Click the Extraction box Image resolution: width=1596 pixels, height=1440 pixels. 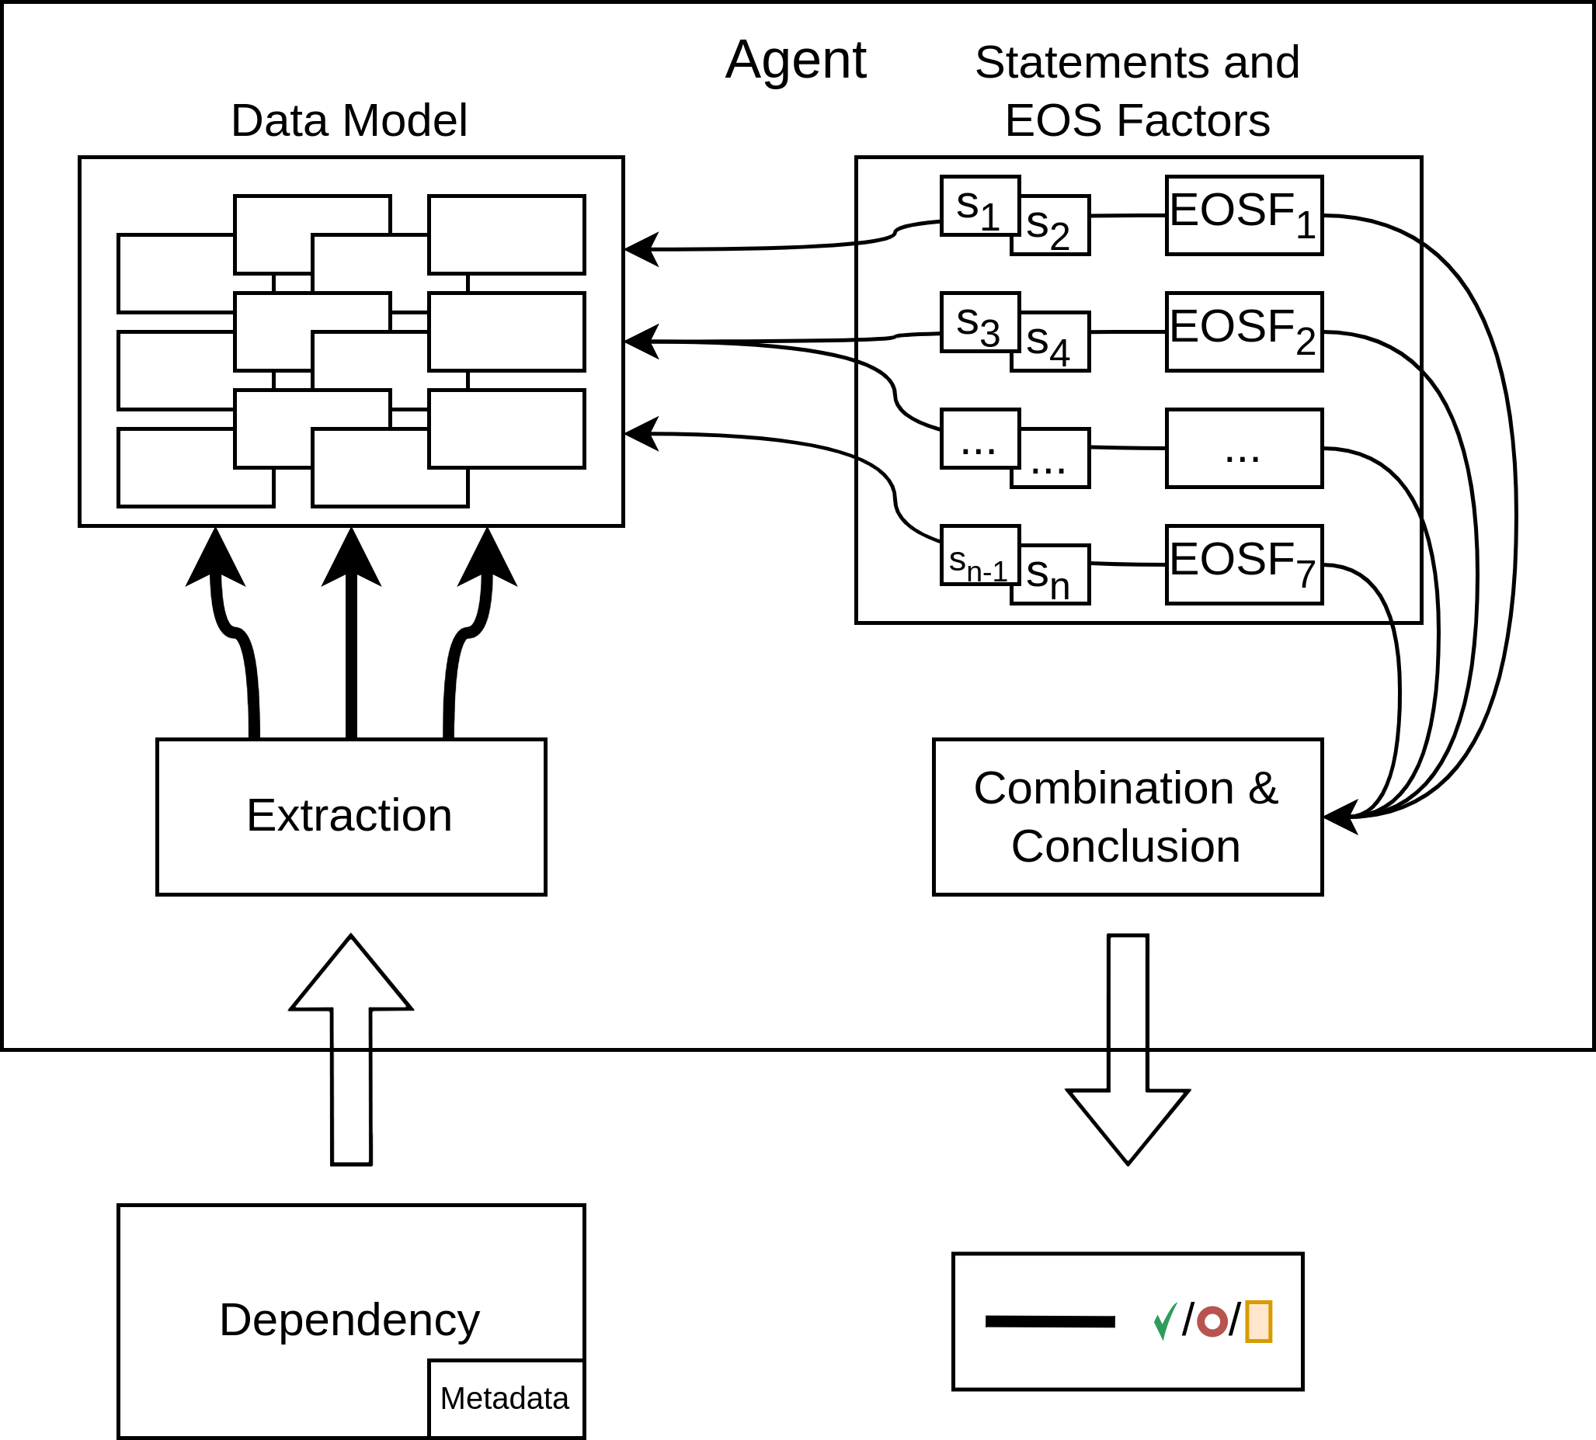coord(352,817)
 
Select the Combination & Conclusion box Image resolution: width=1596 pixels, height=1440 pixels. coord(1128,817)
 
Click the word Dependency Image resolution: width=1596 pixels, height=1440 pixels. coord(350,1320)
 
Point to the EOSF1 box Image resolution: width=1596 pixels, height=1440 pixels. coord(1244,215)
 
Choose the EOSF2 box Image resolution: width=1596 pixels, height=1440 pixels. coord(1244,332)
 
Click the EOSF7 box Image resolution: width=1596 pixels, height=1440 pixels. coord(1244,565)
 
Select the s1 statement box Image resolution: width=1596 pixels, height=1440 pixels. coord(980,206)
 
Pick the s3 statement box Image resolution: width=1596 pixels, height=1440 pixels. coord(980,322)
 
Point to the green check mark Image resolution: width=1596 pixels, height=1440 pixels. coord(1165,1321)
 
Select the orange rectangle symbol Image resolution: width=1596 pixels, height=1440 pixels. coord(1259,1321)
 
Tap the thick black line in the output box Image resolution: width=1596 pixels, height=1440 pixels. coord(1050,1321)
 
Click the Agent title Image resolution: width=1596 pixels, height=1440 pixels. coord(795,59)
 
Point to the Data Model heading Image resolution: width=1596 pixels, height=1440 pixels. coord(349,120)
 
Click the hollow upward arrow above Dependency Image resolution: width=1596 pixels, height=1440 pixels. coord(352,1050)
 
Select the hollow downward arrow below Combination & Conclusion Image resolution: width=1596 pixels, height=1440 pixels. coord(1128,1050)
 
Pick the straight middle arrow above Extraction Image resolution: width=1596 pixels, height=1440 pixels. coord(352,633)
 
